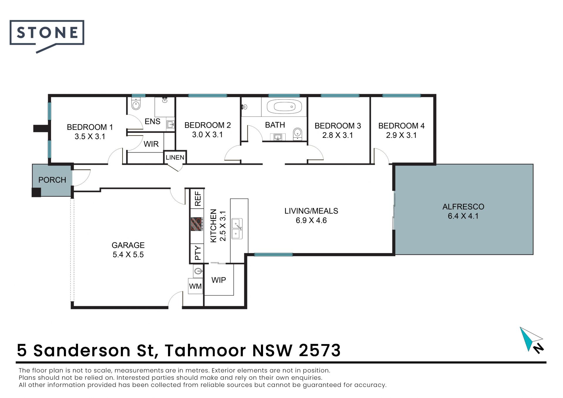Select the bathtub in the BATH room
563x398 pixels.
point(284,107)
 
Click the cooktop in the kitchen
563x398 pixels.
point(197,224)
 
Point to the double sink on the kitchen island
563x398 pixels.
point(237,229)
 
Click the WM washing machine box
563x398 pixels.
point(195,286)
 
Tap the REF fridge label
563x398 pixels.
point(198,199)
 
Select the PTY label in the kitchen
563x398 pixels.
point(198,253)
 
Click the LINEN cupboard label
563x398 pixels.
point(175,157)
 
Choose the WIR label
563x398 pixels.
point(151,144)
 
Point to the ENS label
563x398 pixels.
point(152,121)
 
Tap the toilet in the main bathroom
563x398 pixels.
point(298,133)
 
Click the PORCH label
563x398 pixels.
point(52,180)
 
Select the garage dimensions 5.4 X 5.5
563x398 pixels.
point(128,255)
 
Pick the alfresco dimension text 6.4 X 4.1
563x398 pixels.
point(463,216)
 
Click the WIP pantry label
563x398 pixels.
point(219,280)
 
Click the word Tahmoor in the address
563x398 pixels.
point(205,350)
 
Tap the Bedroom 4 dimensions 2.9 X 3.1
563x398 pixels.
point(401,135)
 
